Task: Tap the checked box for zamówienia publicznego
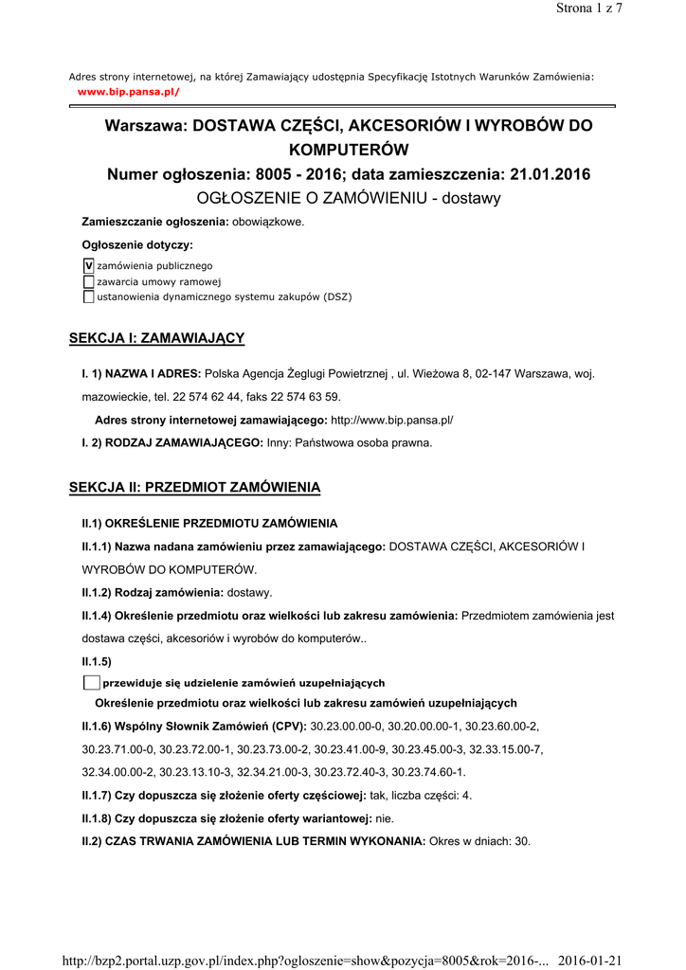(89, 266)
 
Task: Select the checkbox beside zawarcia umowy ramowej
(89, 281)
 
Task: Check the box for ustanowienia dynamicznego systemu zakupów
(89, 296)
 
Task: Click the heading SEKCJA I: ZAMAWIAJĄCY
(157, 338)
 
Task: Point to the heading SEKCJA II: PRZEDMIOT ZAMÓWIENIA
(195, 488)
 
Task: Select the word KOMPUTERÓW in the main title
(349, 150)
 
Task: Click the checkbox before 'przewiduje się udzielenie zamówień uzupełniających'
(91, 683)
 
